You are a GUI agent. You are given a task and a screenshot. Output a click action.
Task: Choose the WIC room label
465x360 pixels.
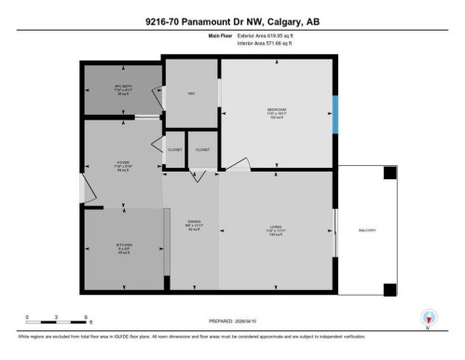[189, 93]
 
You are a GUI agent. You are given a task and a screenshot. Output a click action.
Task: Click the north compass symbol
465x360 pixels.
[429, 317]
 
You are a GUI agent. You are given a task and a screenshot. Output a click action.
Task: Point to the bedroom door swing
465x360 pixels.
[239, 165]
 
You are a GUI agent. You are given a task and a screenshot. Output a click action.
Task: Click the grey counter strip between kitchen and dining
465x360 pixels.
[167, 241]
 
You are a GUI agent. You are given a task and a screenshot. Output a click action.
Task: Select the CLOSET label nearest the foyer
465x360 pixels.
[174, 149]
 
